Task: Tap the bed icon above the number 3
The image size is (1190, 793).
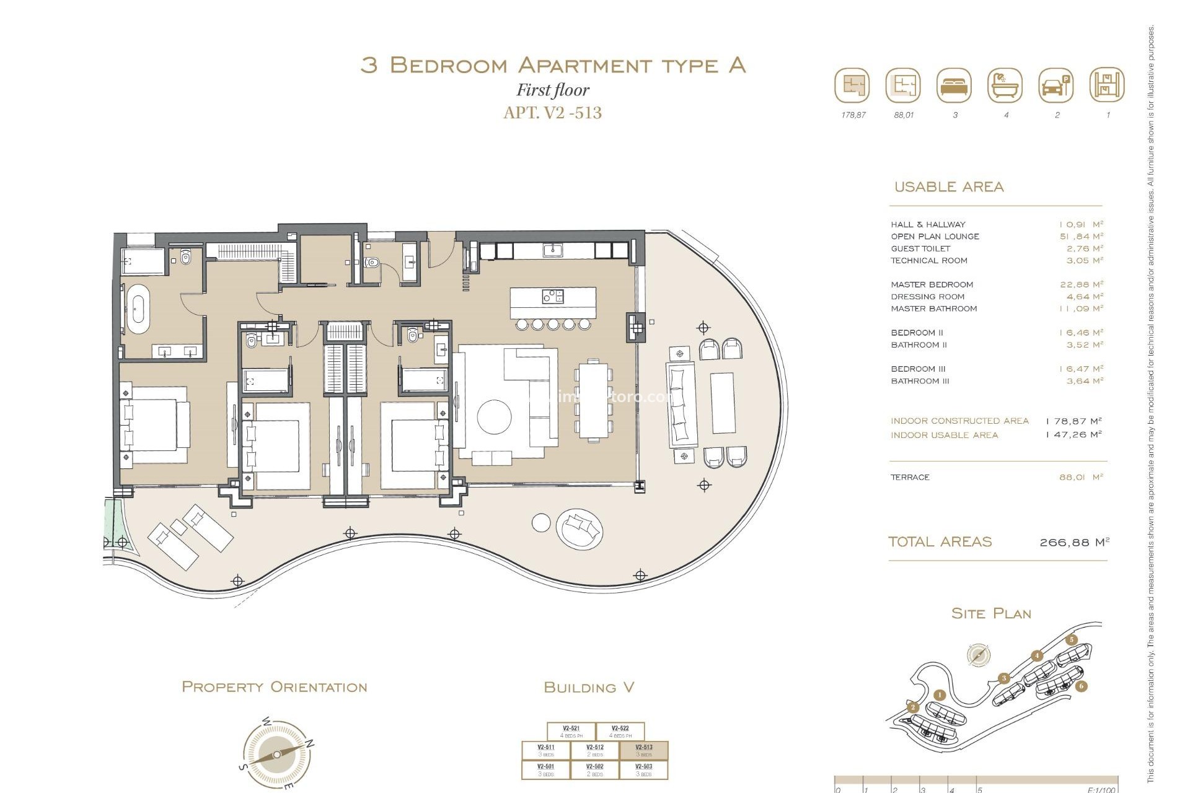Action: [954, 85]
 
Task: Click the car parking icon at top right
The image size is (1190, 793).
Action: [1056, 85]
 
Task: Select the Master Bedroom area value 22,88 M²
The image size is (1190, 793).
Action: [1081, 284]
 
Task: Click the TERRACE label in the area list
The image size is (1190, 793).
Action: [910, 477]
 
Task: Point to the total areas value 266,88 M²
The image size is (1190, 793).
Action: [1073, 542]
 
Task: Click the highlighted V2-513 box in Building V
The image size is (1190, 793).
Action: [644, 750]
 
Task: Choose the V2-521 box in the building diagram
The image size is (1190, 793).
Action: [571, 732]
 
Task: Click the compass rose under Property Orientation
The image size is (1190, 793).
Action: [276, 754]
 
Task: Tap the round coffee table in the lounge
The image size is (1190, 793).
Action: [494, 416]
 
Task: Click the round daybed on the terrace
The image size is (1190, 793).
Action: [580, 528]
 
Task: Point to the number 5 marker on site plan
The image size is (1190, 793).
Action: [1072, 640]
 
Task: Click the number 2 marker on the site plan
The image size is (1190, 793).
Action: [912, 707]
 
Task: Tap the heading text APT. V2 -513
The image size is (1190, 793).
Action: [552, 113]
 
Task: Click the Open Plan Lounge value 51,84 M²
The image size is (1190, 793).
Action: [1081, 236]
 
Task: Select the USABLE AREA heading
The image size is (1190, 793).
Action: [948, 186]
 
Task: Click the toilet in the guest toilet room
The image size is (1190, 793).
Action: [372, 263]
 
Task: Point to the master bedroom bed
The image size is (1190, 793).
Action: [155, 425]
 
